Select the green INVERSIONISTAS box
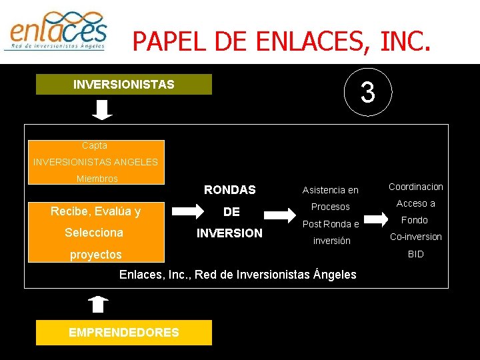(123, 85)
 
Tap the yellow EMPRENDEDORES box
(123, 332)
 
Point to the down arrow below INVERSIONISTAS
(102, 109)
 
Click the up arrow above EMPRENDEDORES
(97, 304)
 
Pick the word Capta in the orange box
(95, 145)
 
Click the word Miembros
(97, 179)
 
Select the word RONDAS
(229, 190)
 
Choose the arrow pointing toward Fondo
(377, 218)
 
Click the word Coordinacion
(415, 187)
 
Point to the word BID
(415, 254)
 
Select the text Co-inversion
(415, 237)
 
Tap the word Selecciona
(94, 233)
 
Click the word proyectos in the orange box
(96, 255)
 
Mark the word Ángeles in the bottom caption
(334, 274)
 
